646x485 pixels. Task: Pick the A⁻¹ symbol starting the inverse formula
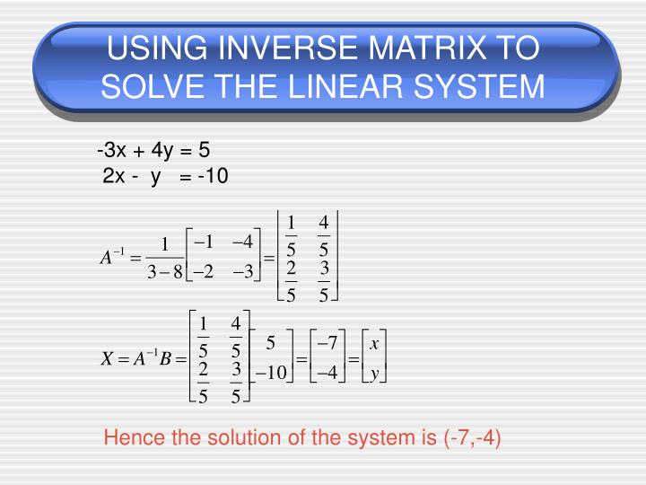111,258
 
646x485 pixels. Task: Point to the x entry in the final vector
373,343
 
